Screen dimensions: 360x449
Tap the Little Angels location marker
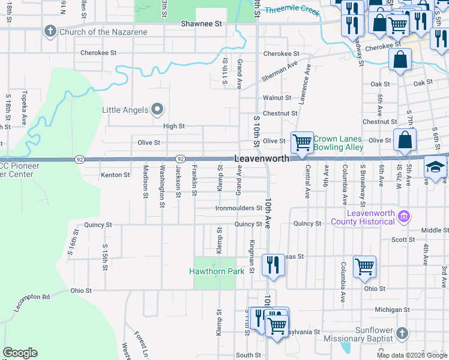click(157, 109)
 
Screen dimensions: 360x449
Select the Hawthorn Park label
click(217, 271)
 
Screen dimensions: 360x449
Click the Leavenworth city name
click(261, 158)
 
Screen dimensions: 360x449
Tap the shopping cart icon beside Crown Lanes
click(302, 143)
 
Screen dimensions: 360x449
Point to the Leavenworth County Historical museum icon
click(404, 216)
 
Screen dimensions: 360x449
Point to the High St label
click(174, 127)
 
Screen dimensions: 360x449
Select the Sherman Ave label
click(279, 71)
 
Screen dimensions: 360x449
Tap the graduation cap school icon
click(435, 167)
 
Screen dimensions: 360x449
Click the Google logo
click(20, 353)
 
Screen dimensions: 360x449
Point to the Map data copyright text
click(412, 355)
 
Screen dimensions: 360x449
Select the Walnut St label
click(277, 97)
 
